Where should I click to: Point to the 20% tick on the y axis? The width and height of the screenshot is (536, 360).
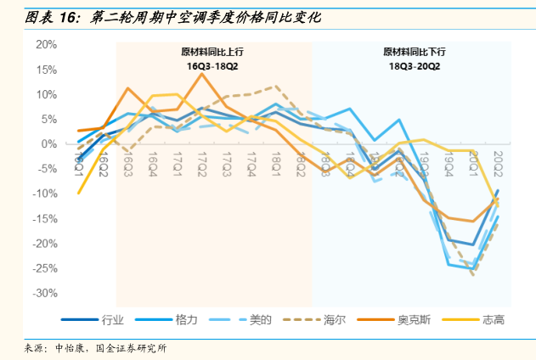(46, 44)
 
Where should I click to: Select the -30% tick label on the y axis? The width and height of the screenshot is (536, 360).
(43, 293)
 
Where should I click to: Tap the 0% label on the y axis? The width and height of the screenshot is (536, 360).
(48, 143)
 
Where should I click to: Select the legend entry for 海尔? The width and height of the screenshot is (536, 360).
(334, 320)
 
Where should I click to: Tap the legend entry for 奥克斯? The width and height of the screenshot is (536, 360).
(413, 320)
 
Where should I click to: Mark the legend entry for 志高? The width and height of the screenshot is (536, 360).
(492, 320)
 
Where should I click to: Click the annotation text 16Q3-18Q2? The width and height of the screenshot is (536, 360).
(213, 65)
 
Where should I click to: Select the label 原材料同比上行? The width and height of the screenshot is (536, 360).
(213, 53)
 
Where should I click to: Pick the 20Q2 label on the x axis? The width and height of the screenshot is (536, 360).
(498, 161)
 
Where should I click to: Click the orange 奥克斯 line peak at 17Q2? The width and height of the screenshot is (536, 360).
(201, 74)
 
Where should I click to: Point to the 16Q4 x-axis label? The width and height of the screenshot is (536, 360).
(153, 161)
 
